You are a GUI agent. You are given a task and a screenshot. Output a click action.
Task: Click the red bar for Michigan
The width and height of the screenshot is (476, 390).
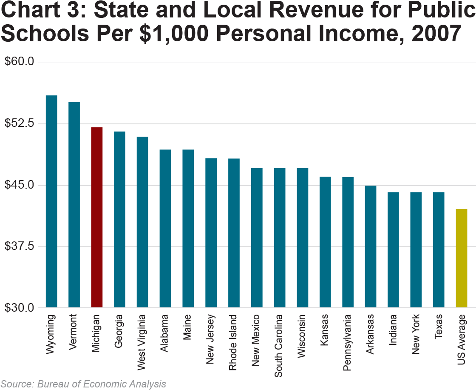tap(97, 217)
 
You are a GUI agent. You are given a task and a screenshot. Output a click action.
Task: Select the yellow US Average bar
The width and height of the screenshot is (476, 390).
tap(462, 258)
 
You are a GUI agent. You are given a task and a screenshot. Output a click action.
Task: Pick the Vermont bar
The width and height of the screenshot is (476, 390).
tap(74, 204)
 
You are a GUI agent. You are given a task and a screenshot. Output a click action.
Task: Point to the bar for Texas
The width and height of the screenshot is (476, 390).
tap(439, 249)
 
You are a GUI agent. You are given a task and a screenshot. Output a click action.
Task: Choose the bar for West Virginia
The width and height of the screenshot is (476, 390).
tap(142, 222)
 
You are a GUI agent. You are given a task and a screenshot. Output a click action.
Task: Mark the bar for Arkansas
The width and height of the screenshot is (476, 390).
tap(370, 246)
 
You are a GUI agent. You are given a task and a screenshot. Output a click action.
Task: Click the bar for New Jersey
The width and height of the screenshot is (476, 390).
tap(211, 232)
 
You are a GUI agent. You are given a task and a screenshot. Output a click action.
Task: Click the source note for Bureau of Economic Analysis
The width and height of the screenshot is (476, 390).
tap(83, 384)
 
